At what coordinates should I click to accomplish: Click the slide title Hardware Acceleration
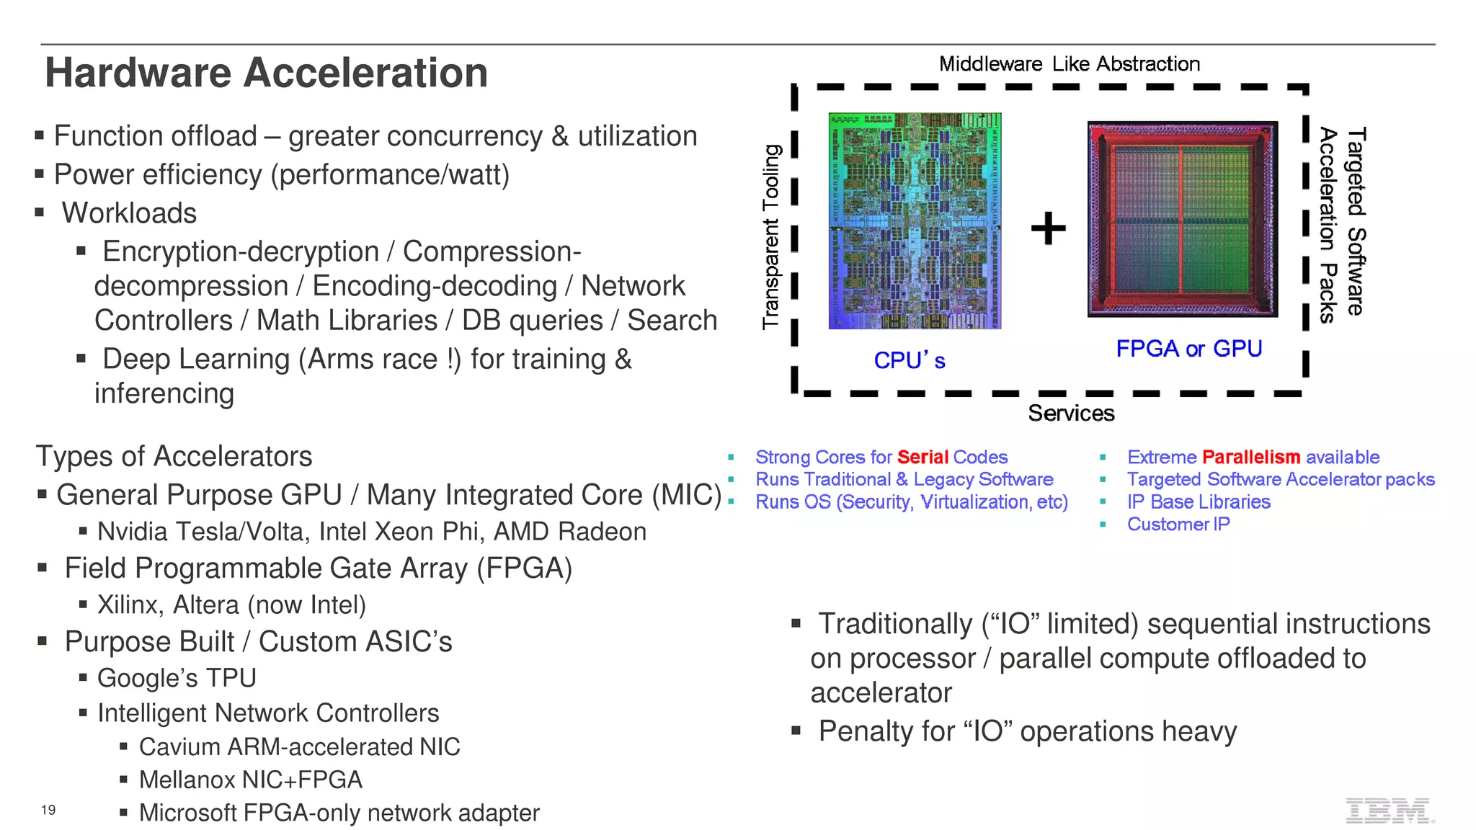tap(266, 73)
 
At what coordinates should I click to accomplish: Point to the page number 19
tap(48, 810)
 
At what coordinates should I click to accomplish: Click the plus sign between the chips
tap(1048, 228)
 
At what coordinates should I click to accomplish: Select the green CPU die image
tap(915, 220)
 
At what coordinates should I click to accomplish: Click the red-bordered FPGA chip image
tap(1182, 219)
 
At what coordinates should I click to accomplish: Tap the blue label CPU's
tap(909, 360)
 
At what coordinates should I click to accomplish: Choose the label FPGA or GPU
tap(1188, 349)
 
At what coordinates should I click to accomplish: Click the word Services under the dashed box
tap(1070, 414)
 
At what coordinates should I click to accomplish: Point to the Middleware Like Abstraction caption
tap(1069, 64)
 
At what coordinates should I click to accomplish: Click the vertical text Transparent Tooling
tap(771, 236)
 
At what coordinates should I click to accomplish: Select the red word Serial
tap(922, 458)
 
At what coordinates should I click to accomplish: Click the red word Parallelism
tap(1250, 458)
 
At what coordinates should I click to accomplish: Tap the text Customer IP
tap(1178, 525)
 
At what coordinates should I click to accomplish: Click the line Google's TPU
tap(177, 678)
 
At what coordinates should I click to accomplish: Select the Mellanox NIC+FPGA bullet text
tap(250, 780)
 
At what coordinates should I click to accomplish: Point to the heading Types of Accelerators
tap(174, 456)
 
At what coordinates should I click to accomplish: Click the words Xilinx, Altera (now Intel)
tap(231, 604)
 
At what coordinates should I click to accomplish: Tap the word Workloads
tap(129, 213)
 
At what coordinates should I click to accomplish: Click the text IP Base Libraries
tap(1198, 502)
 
